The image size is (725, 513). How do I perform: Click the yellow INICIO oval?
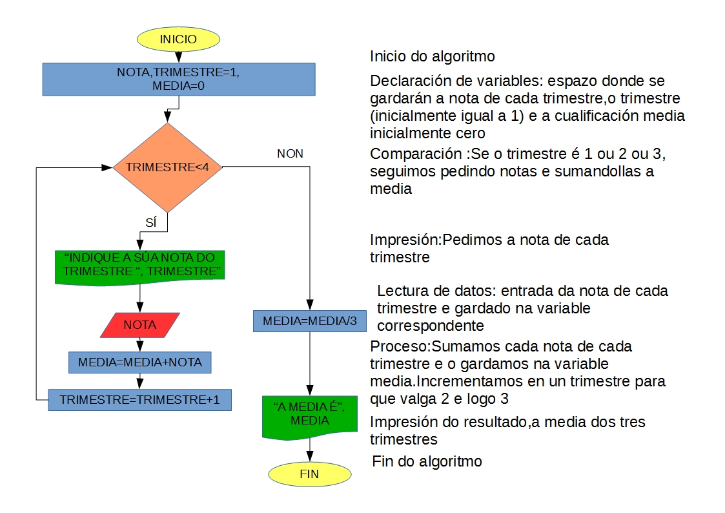click(178, 39)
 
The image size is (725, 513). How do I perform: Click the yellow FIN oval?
click(309, 474)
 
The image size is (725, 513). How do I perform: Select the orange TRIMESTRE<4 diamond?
click(168, 167)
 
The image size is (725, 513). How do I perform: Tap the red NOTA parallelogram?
click(140, 325)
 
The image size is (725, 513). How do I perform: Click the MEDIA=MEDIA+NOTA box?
click(140, 362)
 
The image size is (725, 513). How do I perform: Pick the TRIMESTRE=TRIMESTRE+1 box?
click(140, 400)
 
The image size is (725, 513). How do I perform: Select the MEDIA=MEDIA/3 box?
click(309, 321)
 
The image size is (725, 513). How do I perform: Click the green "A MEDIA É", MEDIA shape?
click(309, 414)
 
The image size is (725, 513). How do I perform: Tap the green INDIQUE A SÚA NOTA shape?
click(140, 265)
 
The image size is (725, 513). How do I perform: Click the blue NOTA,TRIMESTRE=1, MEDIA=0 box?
click(178, 79)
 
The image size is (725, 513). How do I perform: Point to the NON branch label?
click(290, 154)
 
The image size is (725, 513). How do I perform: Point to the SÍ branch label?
click(151, 223)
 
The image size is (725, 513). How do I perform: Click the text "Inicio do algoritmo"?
click(433, 56)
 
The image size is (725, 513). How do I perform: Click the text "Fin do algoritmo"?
click(427, 462)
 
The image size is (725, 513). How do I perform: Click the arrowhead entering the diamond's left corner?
click(107, 167)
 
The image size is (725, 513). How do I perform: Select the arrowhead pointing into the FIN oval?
click(309, 457)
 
